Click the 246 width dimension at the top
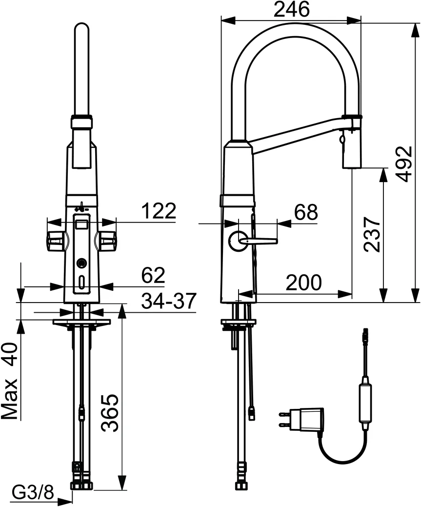point(291,10)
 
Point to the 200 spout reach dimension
point(303,283)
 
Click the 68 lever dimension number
point(305,212)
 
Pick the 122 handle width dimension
point(158,211)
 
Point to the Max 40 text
point(11,381)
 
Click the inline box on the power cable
point(365,402)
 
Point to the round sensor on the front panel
point(81,264)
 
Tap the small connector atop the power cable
point(364,335)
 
